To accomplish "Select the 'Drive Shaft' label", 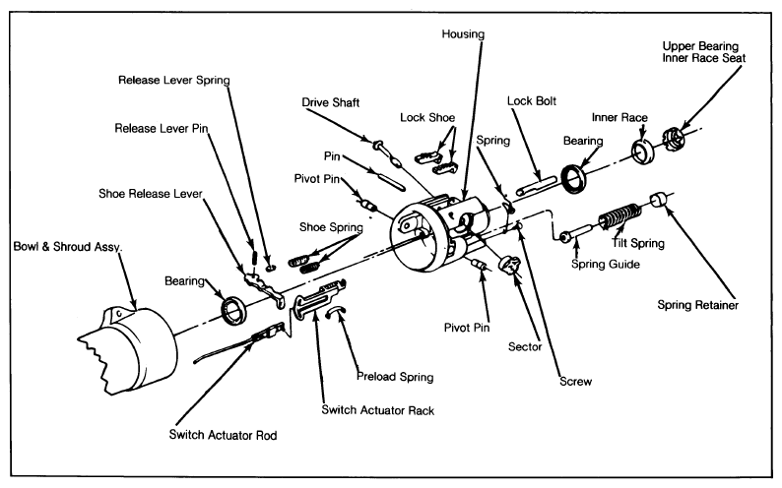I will click(331, 101).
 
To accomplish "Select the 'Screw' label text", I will click(574, 380).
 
